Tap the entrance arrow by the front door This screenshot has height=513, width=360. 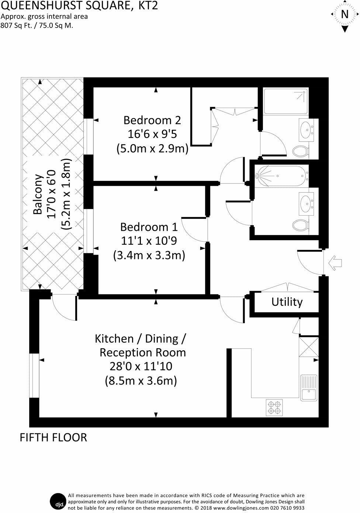coord(335,263)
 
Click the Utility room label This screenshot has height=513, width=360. coord(287,302)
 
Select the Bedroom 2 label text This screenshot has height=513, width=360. coord(152,120)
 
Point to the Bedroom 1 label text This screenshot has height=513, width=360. coord(149,227)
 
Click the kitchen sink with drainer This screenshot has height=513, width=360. coord(309,388)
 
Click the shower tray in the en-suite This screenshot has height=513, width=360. coord(285,101)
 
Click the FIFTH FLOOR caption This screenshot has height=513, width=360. coord(53,437)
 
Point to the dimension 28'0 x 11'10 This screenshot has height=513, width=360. coord(141,366)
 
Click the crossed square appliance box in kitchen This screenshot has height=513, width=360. coord(308,347)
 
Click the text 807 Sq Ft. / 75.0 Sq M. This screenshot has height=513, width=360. coord(37,26)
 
